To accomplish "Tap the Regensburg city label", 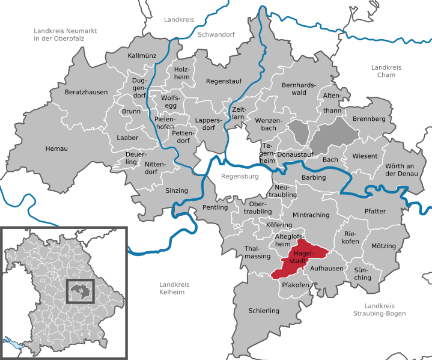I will tap(239, 177).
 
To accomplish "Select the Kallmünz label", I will tap(142, 56).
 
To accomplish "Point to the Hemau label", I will tap(56, 148).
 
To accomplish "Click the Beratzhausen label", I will tap(87, 93).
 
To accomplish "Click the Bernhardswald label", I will tap(299, 89).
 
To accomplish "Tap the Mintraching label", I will tap(311, 215).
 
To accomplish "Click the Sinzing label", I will tap(177, 191).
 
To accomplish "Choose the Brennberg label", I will tap(369, 119).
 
